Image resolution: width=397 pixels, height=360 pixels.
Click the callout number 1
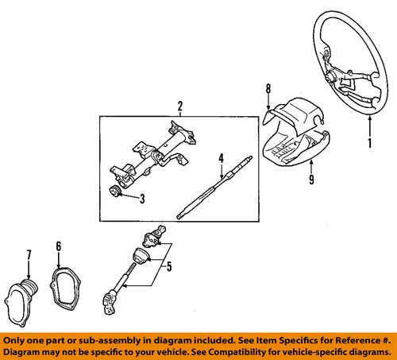(x=368, y=145)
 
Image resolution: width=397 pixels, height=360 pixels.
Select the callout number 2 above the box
(x=180, y=106)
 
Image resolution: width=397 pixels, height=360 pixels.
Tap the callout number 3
(x=141, y=198)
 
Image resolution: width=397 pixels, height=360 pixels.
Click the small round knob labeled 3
(x=117, y=192)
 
